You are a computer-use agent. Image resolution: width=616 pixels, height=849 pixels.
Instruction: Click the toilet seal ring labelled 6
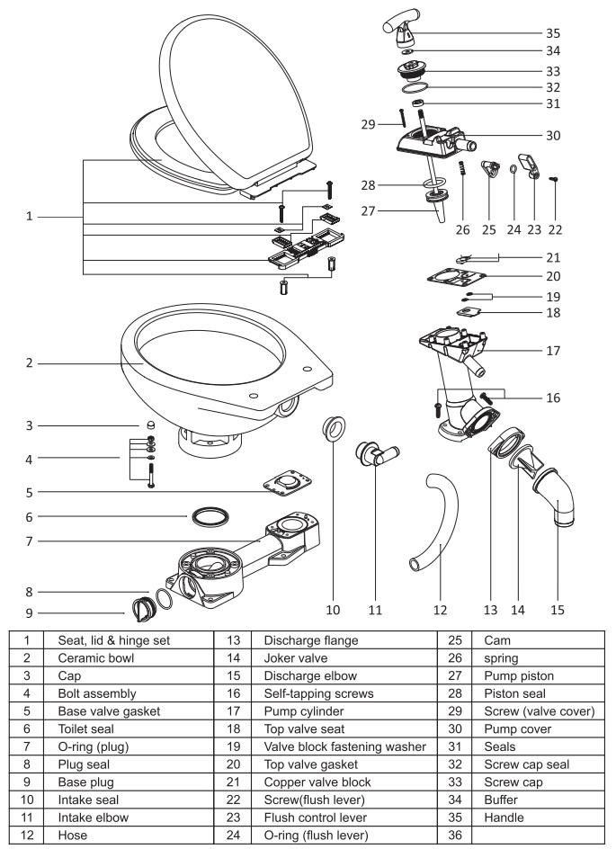[209, 518]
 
